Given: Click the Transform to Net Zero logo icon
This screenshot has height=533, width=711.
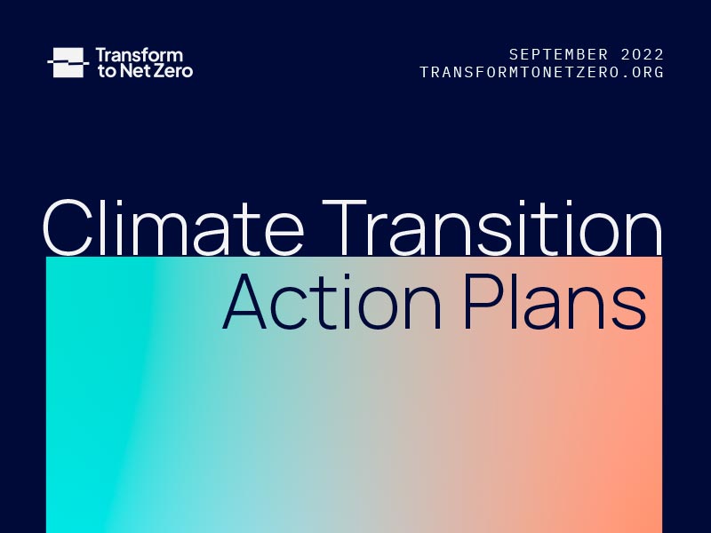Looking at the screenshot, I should [x=68, y=62].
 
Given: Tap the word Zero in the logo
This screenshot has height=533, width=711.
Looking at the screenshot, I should [x=175, y=71].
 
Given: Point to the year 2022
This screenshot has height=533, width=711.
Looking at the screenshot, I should [x=643, y=55].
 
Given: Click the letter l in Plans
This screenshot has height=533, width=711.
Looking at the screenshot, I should [x=513, y=302].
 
